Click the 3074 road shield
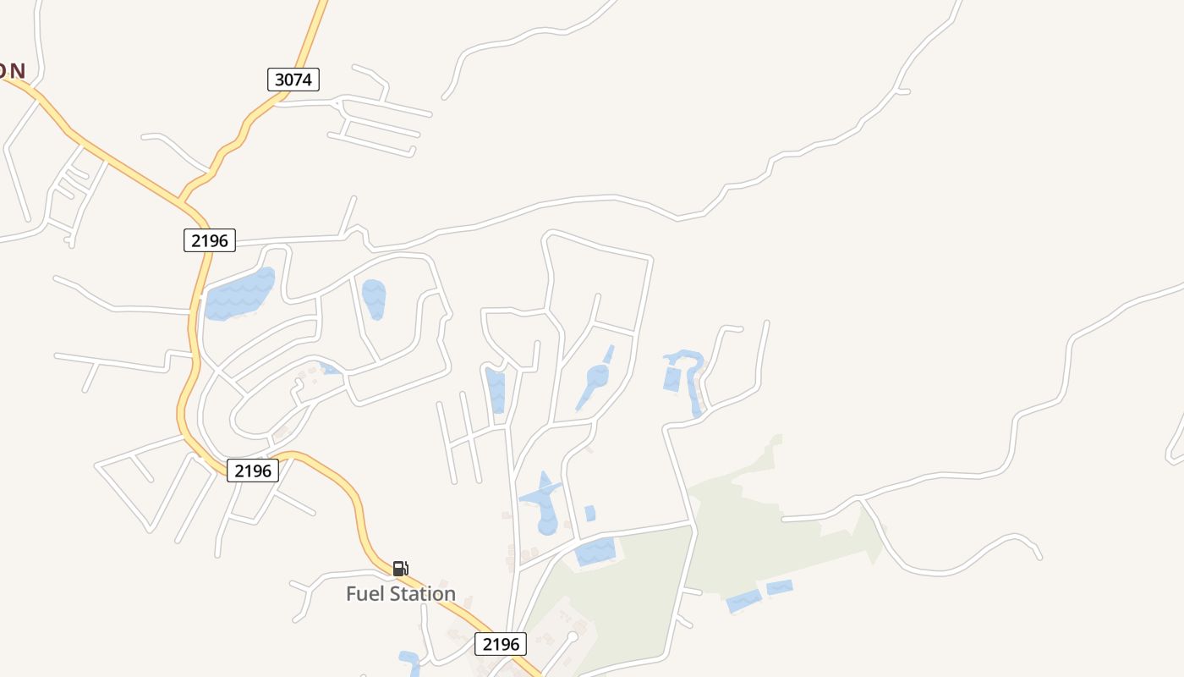pos(293,80)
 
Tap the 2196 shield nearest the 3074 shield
pos(209,240)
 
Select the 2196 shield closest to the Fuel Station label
pos(500,644)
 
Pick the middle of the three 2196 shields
pos(253,471)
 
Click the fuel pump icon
pos(400,568)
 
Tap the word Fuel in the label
pos(365,594)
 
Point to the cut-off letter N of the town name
pos(17,71)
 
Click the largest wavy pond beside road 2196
pos(240,294)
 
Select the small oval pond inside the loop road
pos(374,299)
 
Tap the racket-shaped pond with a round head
pos(595,377)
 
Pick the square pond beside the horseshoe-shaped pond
pos(672,379)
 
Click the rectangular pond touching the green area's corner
pos(595,552)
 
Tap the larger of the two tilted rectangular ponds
pos(743,601)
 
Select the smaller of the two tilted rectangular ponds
pos(779,587)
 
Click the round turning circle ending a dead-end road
pos(573,636)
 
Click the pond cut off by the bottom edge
pos(409,663)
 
